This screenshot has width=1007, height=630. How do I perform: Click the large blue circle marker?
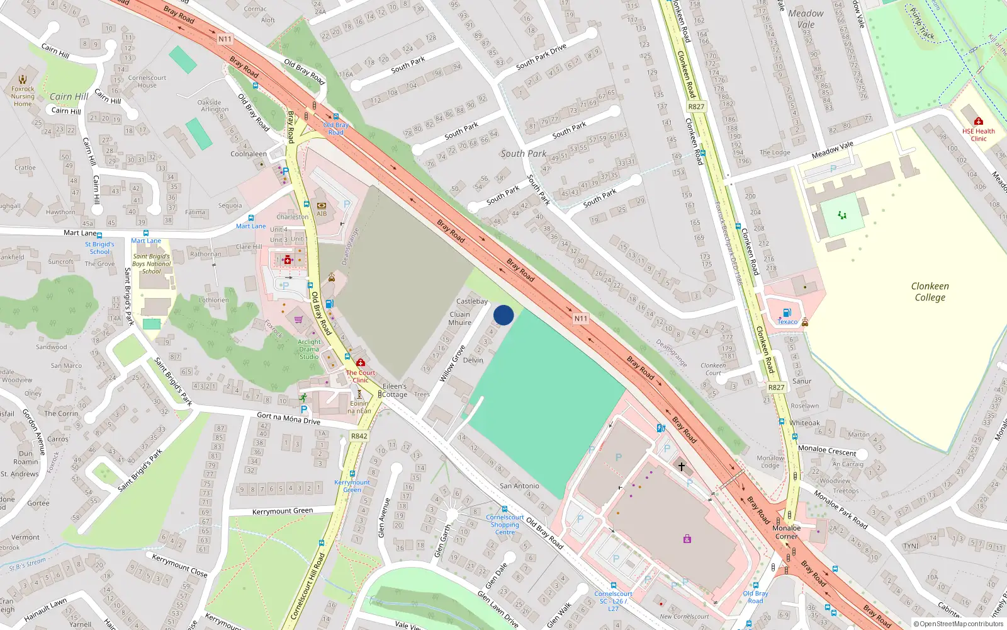tap(503, 315)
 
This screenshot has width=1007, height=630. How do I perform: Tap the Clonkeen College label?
tap(930, 292)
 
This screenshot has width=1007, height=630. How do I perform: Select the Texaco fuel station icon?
tap(787, 312)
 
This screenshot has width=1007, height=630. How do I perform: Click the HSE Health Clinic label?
tap(978, 135)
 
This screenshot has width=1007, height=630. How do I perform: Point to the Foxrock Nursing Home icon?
tap(23, 79)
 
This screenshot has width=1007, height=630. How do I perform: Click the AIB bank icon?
tap(322, 205)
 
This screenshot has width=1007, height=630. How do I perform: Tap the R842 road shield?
tap(359, 436)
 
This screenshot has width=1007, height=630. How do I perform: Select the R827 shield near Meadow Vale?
tap(696, 106)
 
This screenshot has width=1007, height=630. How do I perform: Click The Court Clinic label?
tap(361, 376)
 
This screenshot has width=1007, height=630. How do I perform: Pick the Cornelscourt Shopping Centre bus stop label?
tap(505, 525)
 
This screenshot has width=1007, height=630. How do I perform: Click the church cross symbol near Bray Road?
tap(681, 467)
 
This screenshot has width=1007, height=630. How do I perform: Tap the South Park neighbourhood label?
tap(523, 154)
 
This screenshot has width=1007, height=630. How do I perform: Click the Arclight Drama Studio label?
tap(309, 349)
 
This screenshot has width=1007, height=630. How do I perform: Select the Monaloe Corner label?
tap(786, 532)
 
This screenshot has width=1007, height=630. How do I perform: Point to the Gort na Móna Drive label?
tap(288, 418)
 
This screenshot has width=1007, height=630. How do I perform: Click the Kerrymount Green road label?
tap(282, 512)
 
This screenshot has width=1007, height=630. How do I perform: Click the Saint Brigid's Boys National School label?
tap(151, 264)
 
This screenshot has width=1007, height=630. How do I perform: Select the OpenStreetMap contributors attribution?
tap(959, 624)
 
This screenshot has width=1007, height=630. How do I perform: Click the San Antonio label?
tap(519, 486)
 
